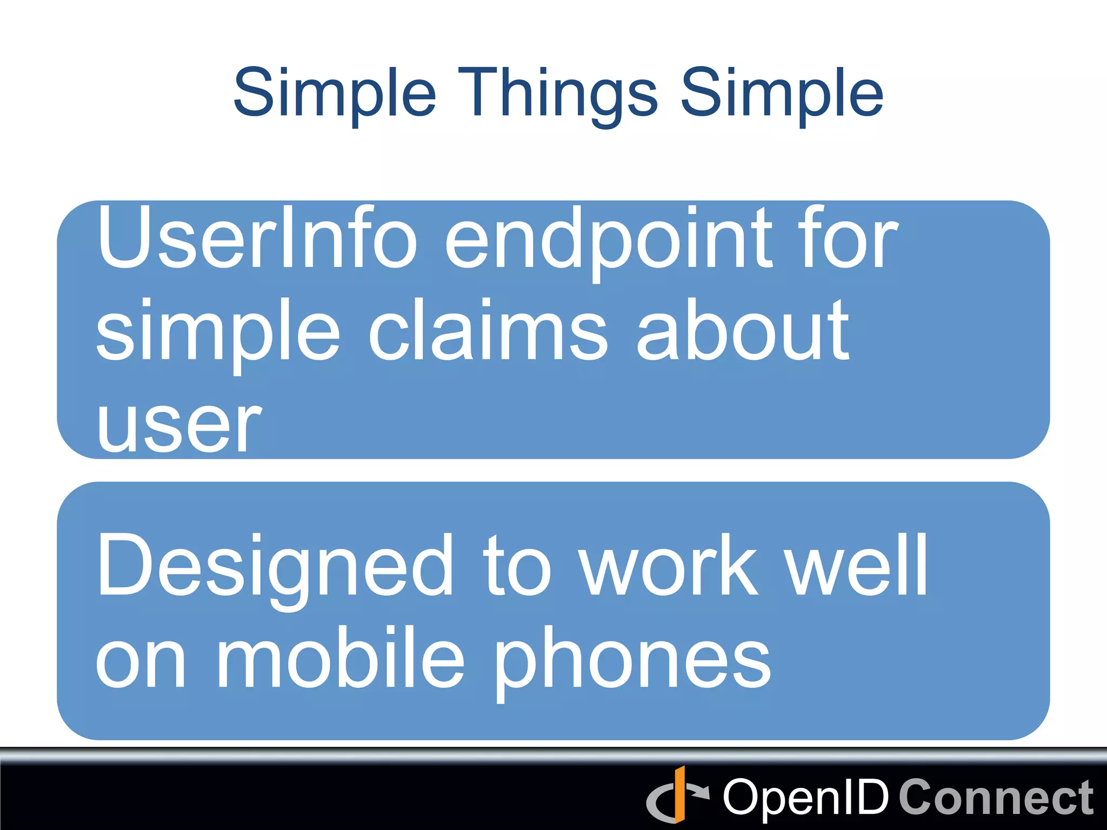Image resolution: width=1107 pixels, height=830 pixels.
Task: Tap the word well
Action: click(857, 565)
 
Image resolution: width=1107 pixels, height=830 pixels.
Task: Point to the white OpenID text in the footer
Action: click(806, 798)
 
